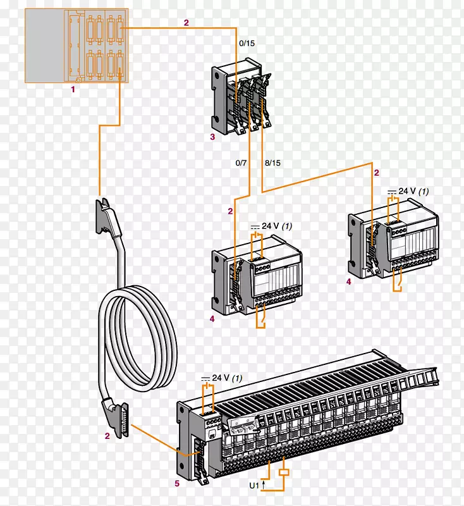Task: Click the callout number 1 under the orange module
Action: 73,90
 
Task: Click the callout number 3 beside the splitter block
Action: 212,137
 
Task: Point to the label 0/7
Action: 241,163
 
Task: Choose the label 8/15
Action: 272,163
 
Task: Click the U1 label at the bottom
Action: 254,486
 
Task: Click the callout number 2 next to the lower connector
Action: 107,436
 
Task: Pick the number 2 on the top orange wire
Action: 186,23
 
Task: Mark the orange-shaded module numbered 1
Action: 76,45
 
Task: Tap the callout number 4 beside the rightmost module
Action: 348,282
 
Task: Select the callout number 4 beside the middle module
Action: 212,319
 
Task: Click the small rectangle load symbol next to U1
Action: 285,472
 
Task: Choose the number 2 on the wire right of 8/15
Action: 377,173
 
